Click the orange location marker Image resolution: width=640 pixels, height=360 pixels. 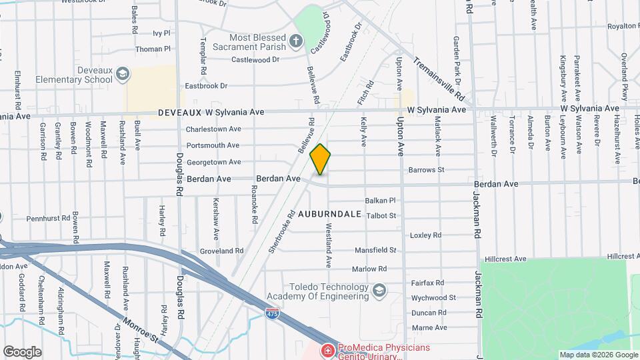[321, 159]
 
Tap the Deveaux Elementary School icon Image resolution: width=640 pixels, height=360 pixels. [122, 73]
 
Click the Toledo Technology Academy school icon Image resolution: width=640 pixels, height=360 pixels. [379, 291]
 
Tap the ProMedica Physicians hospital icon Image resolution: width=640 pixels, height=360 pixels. [327, 350]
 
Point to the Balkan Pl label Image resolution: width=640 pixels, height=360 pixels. [381, 200]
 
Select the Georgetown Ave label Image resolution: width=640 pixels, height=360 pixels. [213, 162]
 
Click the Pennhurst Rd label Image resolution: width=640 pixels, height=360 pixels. [48, 218]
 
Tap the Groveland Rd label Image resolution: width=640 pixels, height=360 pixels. [222, 251]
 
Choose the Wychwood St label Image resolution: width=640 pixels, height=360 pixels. [433, 297]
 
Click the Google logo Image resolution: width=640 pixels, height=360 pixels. [22, 351]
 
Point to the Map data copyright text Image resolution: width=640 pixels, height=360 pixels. [597, 355]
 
